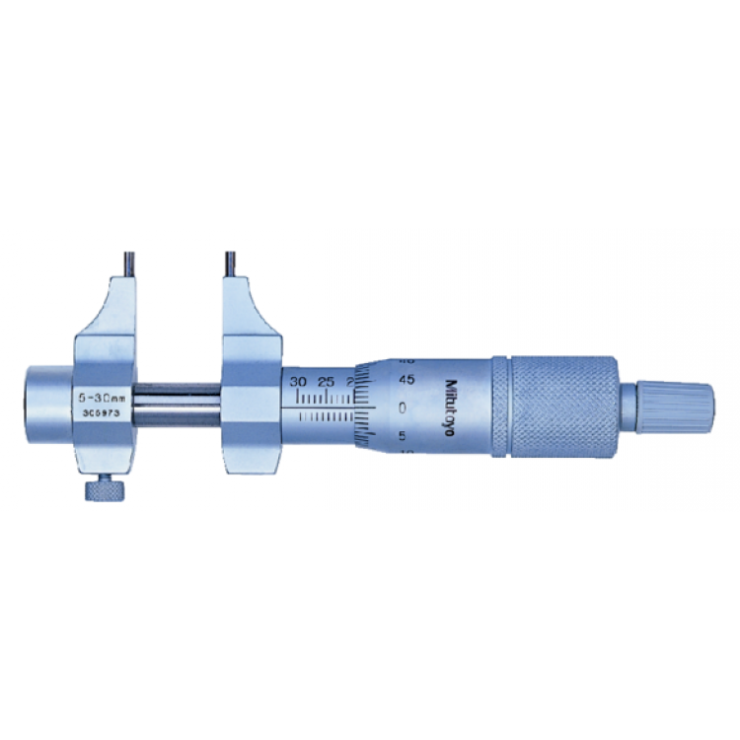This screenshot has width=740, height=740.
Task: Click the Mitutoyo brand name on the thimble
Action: coord(457,407)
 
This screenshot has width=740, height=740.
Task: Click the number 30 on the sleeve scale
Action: coord(299,381)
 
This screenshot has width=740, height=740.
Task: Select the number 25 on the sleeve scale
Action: coord(328,381)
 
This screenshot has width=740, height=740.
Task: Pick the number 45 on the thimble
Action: coord(405,380)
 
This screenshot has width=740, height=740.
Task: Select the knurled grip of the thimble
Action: coord(558,406)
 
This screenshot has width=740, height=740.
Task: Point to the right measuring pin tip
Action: coord(228,265)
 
